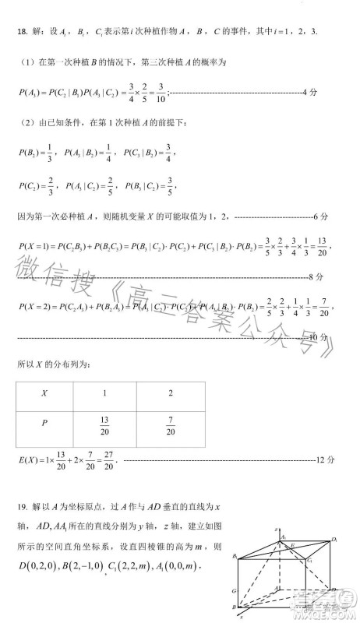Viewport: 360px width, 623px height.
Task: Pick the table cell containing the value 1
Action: click(104, 393)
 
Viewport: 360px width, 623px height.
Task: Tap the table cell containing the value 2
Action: click(171, 393)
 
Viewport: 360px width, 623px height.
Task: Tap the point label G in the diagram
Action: click(233, 592)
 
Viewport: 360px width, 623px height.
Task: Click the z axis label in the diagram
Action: click(276, 530)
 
